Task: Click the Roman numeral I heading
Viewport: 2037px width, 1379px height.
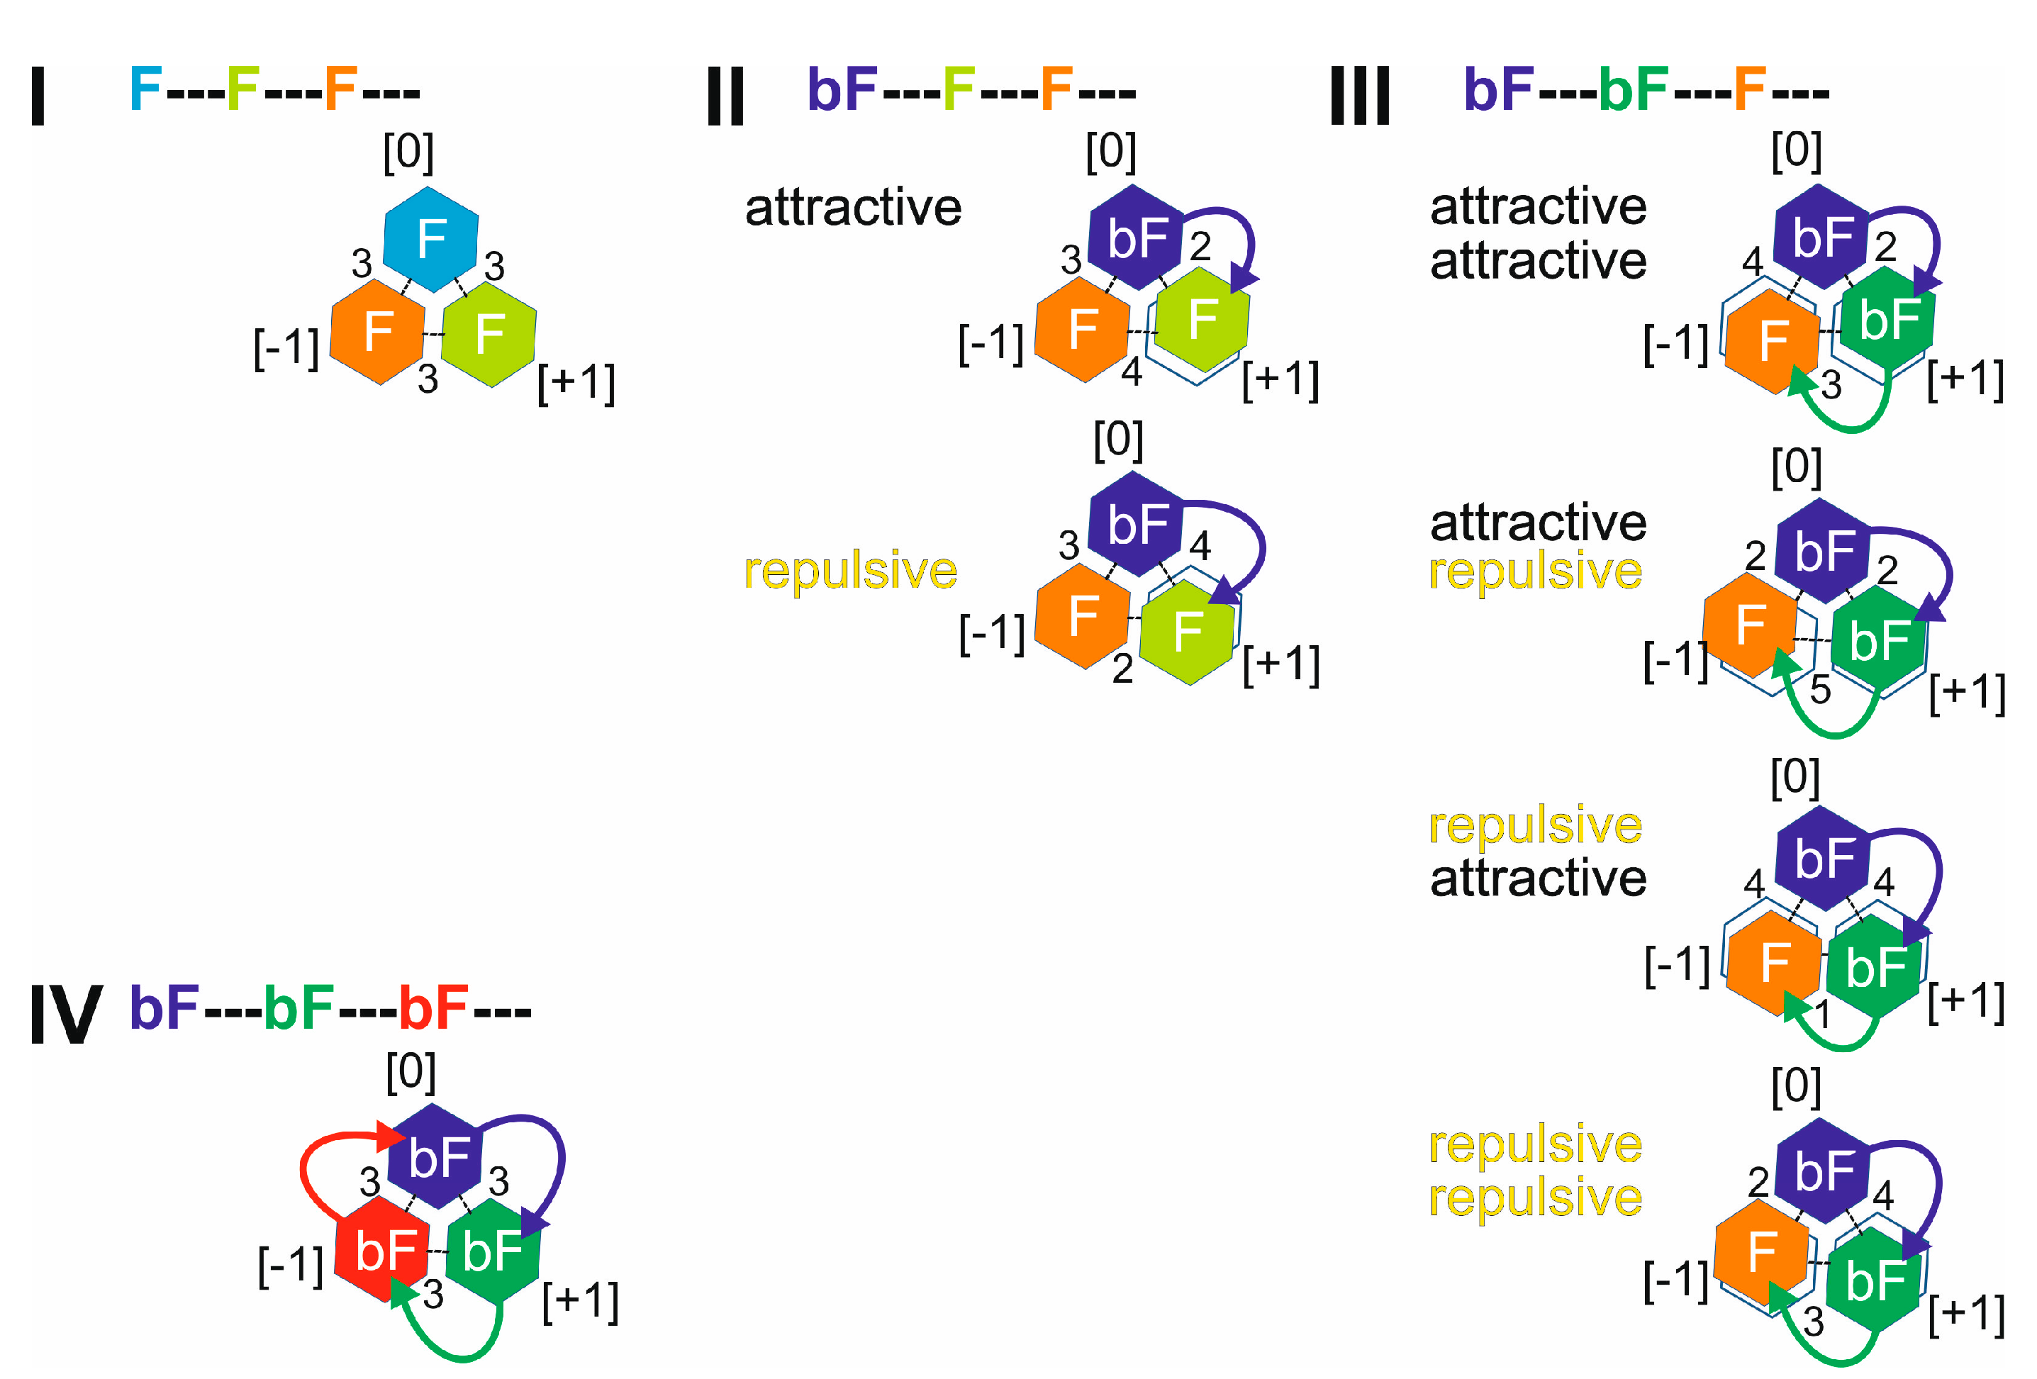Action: tap(38, 96)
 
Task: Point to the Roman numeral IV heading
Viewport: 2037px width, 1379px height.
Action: tap(66, 1015)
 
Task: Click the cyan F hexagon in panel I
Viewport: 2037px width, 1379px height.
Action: tap(431, 238)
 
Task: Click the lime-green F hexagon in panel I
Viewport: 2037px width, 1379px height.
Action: tap(489, 333)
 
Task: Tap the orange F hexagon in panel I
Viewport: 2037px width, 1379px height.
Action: tap(378, 331)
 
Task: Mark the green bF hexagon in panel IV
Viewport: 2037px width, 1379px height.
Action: tap(493, 1250)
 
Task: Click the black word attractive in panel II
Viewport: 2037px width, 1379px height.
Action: tap(853, 208)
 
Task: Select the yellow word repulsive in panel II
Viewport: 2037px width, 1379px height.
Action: tap(850, 571)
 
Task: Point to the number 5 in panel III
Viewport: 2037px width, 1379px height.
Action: tap(1821, 690)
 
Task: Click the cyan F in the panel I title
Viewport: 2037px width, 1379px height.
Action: tap(145, 89)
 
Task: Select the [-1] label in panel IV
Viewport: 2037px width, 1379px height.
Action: tap(290, 1266)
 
